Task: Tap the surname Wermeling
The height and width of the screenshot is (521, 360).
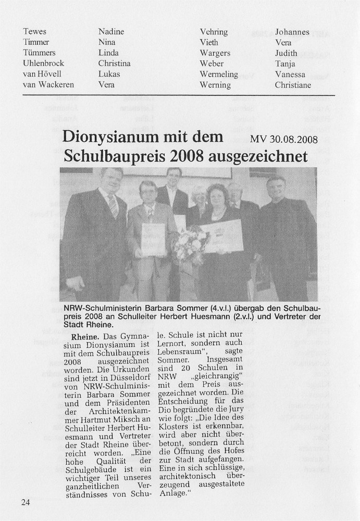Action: [x=219, y=75]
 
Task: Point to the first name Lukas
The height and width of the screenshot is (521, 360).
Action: [x=109, y=74]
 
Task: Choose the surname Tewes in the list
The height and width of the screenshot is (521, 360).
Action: [x=35, y=32]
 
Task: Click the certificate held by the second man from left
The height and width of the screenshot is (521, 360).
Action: [x=153, y=239]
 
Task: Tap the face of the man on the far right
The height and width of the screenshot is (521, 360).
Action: [x=276, y=187]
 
